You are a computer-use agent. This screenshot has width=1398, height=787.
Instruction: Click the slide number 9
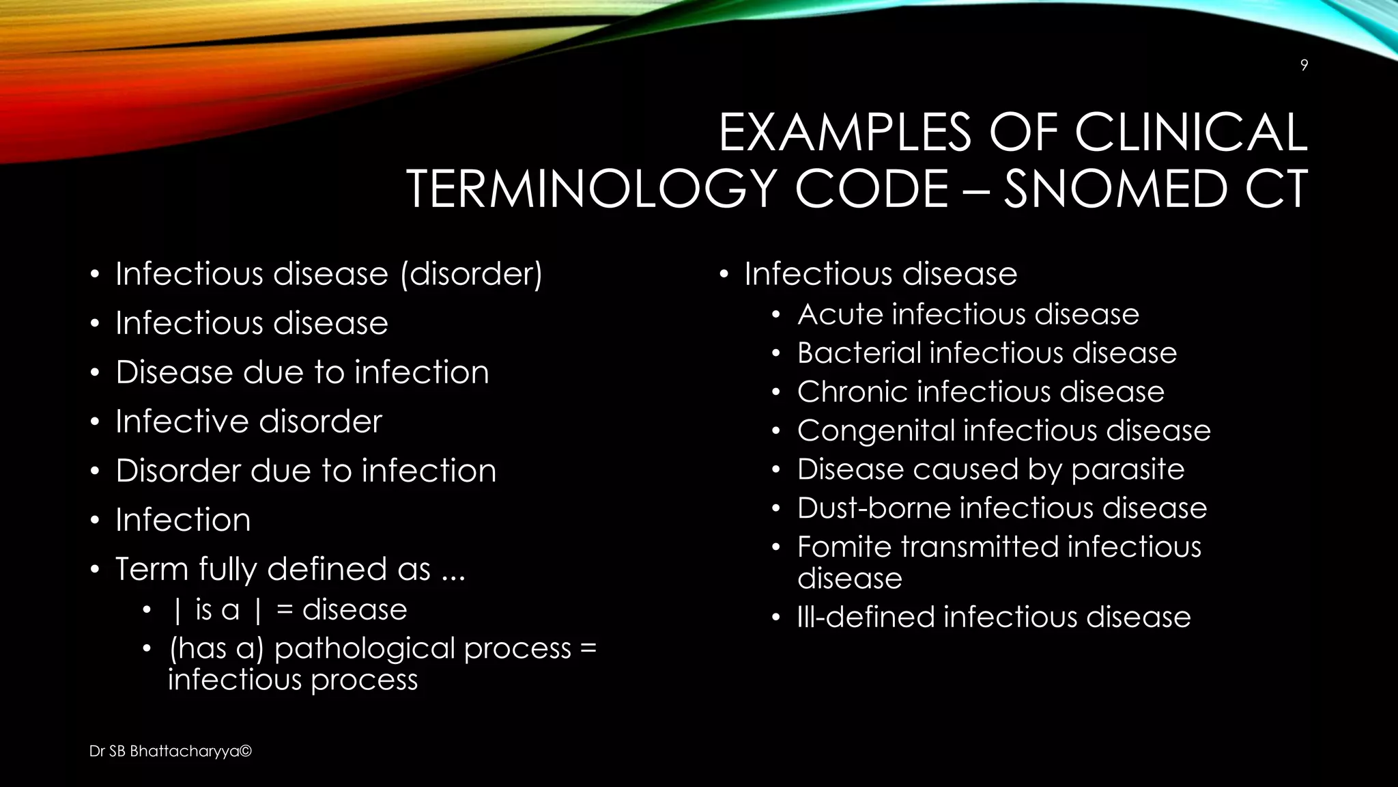tap(1304, 66)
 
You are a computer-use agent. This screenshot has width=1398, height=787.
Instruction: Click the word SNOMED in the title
tap(1115, 189)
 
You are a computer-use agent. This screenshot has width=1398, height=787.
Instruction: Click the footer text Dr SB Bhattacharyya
tap(171, 751)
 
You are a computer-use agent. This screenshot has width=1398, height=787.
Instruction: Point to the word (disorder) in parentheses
tap(471, 275)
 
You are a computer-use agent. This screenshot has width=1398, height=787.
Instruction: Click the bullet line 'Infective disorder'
tap(248, 422)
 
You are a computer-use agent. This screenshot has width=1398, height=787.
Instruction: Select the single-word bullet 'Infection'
tap(183, 520)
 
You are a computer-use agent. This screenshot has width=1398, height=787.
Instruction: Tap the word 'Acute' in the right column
tap(839, 315)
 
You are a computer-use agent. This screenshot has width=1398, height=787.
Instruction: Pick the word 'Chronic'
tap(851, 392)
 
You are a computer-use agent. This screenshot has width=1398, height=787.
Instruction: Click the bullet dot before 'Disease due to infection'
tap(96, 374)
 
